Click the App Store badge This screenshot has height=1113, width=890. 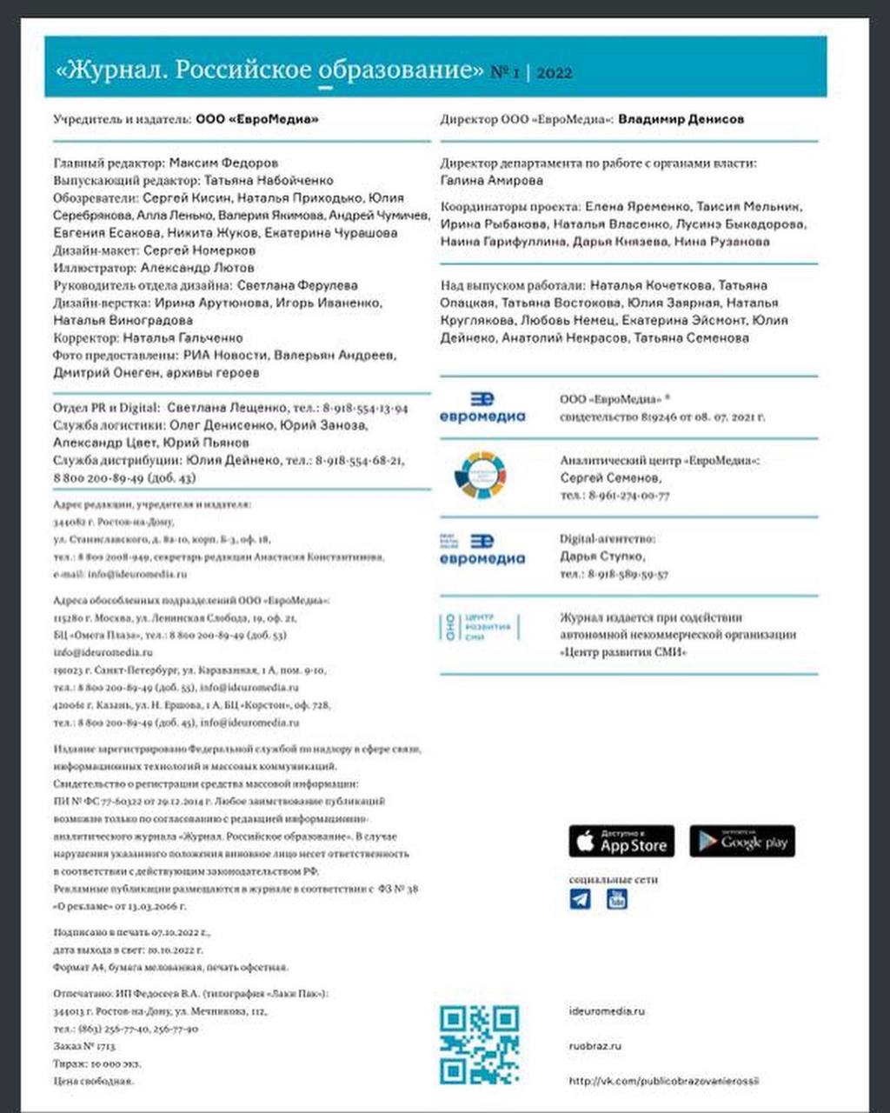(x=621, y=841)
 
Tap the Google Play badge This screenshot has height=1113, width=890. (x=742, y=841)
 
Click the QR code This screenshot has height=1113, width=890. (x=479, y=1045)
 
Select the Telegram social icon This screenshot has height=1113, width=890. (x=580, y=899)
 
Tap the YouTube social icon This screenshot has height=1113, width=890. (x=616, y=899)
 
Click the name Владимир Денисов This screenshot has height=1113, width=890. (x=681, y=119)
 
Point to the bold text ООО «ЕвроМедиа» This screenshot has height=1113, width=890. (x=256, y=119)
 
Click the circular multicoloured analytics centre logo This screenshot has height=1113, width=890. (x=481, y=476)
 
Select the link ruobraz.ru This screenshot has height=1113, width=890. (x=594, y=1046)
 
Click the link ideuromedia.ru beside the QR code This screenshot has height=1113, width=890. (x=607, y=1011)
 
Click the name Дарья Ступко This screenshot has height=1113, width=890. (x=602, y=556)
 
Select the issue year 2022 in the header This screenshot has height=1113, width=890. (x=555, y=73)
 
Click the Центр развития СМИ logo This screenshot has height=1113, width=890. (x=479, y=627)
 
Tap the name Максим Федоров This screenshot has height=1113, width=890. (x=223, y=163)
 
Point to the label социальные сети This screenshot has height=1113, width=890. (x=613, y=879)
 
